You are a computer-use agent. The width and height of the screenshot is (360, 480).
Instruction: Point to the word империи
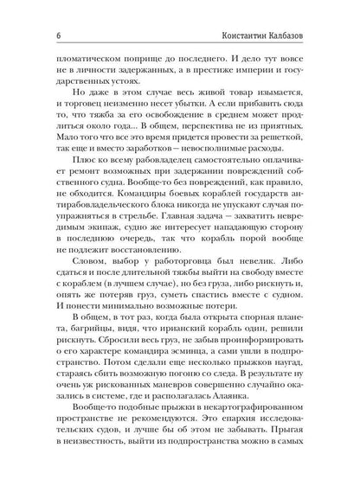(239, 75)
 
